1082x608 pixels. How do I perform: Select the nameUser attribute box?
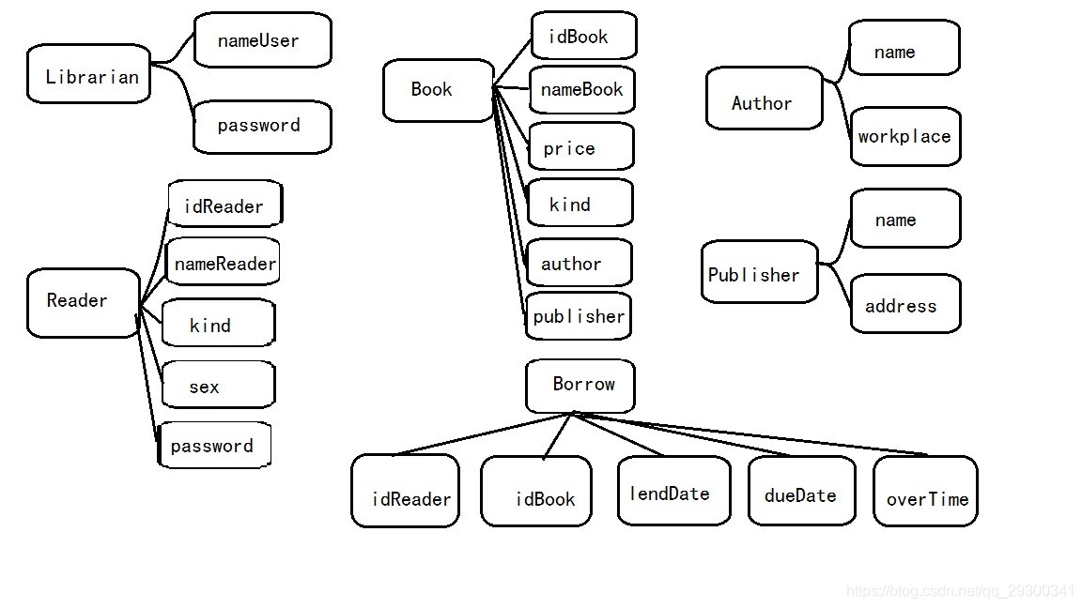point(262,40)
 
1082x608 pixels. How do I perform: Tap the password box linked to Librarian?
point(262,127)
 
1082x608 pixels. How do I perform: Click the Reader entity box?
point(83,302)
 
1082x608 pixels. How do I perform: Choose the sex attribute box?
point(218,385)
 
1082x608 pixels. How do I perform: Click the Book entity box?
point(438,90)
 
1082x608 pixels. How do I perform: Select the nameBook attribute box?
point(581,90)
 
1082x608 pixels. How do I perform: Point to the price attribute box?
point(580,147)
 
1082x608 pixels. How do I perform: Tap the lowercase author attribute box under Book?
point(579,263)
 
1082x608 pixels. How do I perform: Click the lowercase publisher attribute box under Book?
point(578,316)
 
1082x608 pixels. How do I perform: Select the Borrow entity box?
point(580,385)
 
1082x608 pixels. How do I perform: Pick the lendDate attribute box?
point(672,492)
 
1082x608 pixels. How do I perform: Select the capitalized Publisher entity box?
point(759,272)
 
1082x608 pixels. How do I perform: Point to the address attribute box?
point(904,304)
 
